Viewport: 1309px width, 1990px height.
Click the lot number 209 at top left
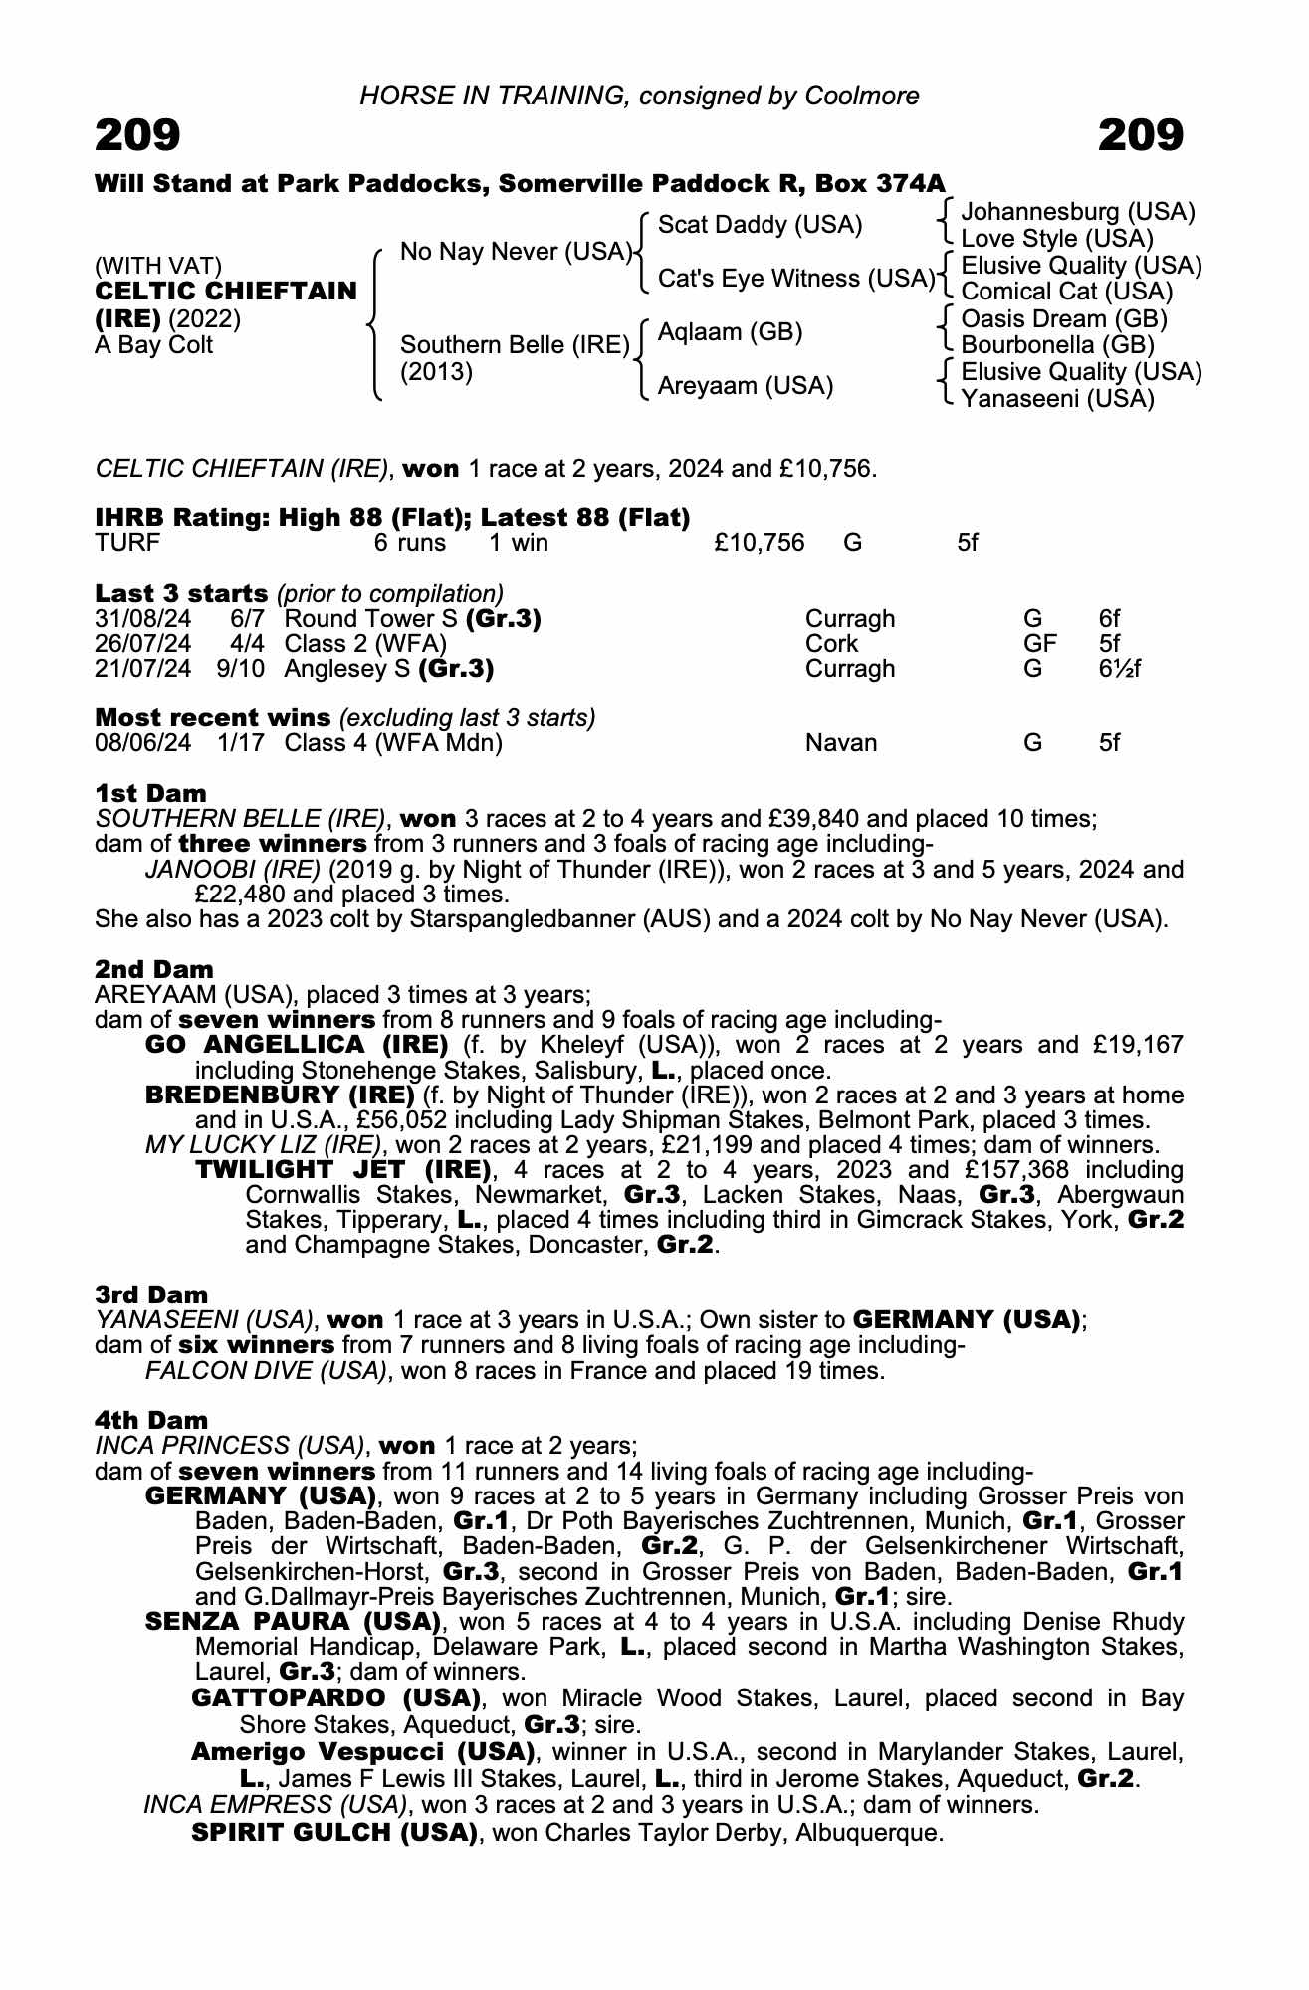(x=137, y=135)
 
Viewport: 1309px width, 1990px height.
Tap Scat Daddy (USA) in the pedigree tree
(x=760, y=225)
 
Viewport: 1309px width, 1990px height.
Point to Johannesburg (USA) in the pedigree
(x=1078, y=212)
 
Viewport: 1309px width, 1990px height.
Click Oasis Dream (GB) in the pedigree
(x=1064, y=319)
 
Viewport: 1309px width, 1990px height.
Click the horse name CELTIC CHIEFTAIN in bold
(x=226, y=292)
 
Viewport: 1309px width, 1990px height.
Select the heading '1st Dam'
(x=151, y=793)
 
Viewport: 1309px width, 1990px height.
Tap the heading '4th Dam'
(x=151, y=1420)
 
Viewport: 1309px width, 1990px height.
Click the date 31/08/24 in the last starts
(x=142, y=619)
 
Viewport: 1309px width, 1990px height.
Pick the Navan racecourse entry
(x=841, y=743)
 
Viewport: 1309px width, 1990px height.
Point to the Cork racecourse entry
(x=831, y=644)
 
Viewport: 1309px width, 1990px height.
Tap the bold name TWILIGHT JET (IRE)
(x=343, y=1169)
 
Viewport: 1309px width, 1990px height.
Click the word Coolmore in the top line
(x=862, y=96)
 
